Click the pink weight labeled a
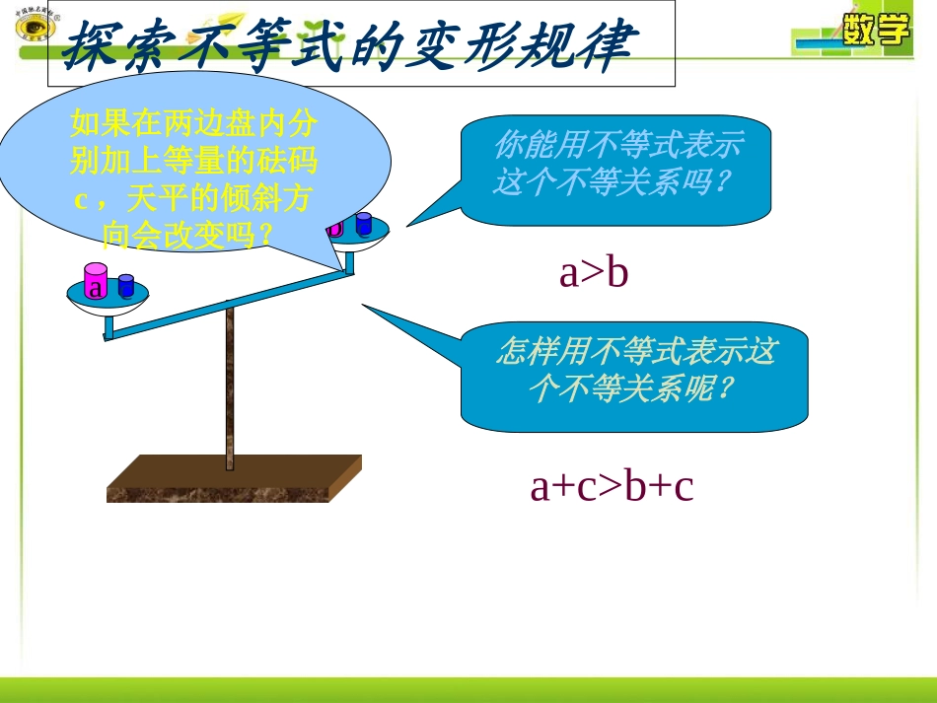[x=95, y=282]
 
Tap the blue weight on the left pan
[x=126, y=286]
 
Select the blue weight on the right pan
[x=363, y=225]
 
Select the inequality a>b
[x=593, y=274]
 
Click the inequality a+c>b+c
[x=612, y=486]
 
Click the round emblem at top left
[x=36, y=26]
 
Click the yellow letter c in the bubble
[x=83, y=199]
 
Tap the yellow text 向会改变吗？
[x=188, y=235]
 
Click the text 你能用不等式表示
[x=617, y=148]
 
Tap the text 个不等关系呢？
[x=630, y=389]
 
